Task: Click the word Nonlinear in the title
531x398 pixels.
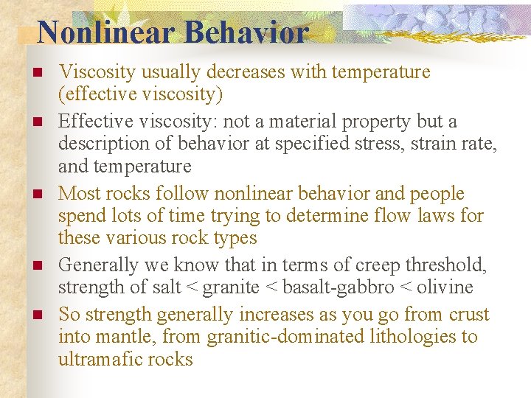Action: (x=105, y=32)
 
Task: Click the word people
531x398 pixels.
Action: (x=434, y=194)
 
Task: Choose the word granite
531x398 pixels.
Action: (x=232, y=287)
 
